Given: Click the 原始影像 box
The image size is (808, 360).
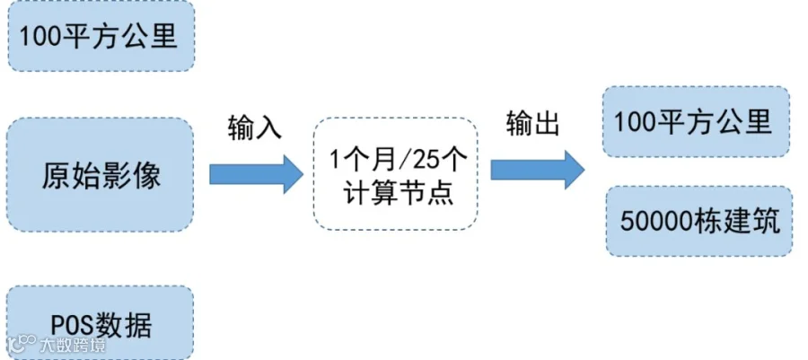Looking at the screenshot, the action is (101, 175).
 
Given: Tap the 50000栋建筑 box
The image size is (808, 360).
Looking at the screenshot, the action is (699, 220).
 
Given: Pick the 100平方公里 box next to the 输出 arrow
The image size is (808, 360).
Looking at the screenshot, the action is (697, 121).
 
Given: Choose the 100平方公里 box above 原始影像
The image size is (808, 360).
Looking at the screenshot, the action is (101, 36).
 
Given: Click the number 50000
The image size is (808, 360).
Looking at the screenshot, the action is (658, 221).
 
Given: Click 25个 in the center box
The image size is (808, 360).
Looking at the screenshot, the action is (441, 160).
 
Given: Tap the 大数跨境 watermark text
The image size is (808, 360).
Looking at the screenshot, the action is (71, 345).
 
